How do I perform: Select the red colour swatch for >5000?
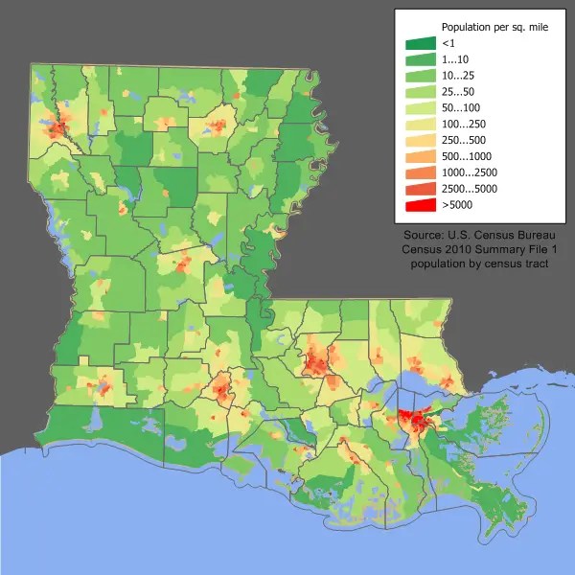click(x=421, y=204)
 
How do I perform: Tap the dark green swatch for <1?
click(x=421, y=43)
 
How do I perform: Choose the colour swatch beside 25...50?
click(x=421, y=91)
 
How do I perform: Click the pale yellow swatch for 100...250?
click(x=421, y=124)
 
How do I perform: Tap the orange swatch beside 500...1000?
click(x=421, y=156)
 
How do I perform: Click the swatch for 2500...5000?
click(x=421, y=188)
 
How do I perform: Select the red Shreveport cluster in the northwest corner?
click(x=57, y=126)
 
